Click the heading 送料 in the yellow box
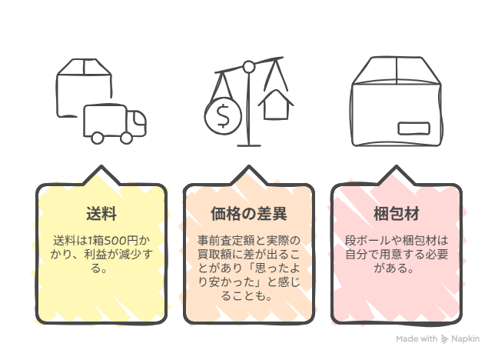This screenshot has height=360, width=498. click(101, 214)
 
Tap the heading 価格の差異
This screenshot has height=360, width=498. click(249, 214)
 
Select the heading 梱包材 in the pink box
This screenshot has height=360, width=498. click(397, 214)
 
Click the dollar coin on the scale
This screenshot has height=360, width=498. click(223, 116)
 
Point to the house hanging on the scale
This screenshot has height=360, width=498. click(276, 105)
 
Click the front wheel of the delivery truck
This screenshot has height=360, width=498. click(126, 138)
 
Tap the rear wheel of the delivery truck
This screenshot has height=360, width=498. click(97, 138)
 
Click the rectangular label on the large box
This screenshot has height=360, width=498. click(414, 128)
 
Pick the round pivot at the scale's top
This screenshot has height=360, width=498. click(249, 67)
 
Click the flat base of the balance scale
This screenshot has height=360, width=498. click(249, 145)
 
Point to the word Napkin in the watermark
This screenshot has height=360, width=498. click(465, 338)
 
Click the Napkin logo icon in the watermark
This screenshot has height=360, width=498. click(445, 339)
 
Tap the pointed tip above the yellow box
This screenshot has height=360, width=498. click(101, 166)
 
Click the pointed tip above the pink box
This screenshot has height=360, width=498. click(396, 166)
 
